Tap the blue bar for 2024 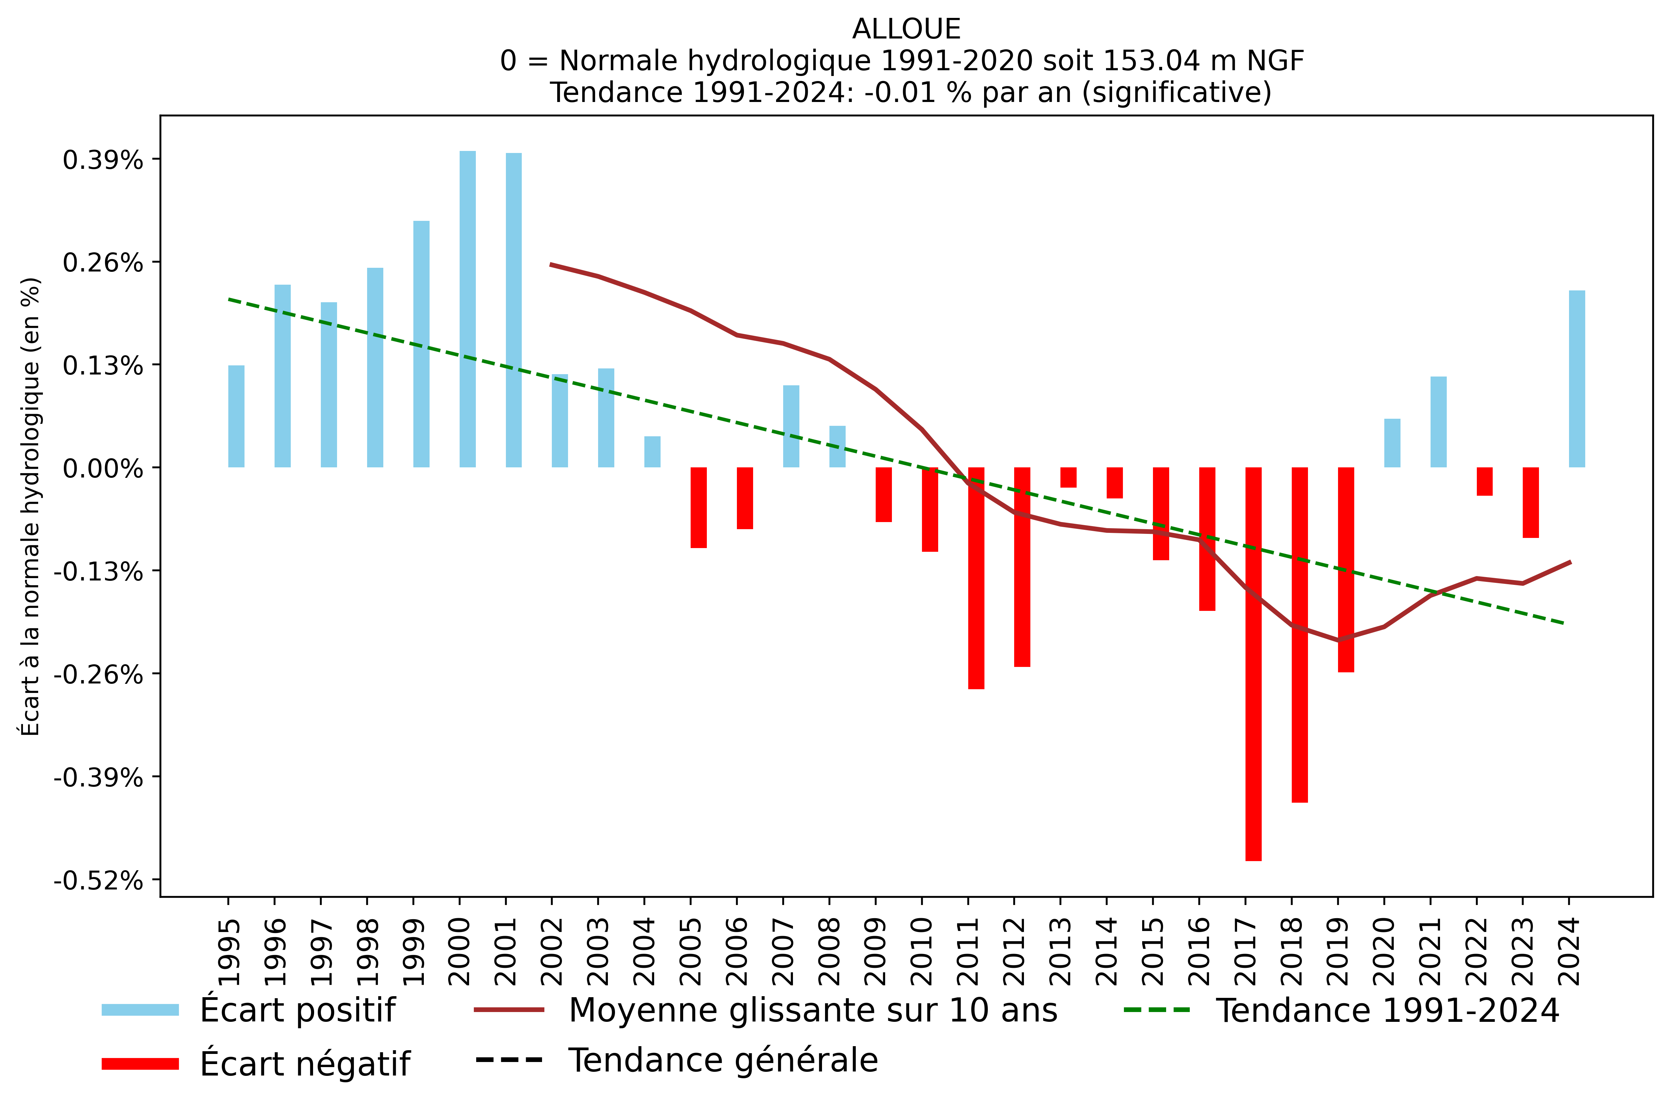(1576, 379)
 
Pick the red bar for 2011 (976, 578)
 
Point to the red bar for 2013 (1068, 477)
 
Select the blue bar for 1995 (236, 416)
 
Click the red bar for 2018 (1299, 635)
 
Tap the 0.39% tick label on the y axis (103, 160)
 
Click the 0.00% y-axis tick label (103, 469)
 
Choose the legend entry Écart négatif (305, 1064)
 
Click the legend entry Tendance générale (723, 1060)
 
